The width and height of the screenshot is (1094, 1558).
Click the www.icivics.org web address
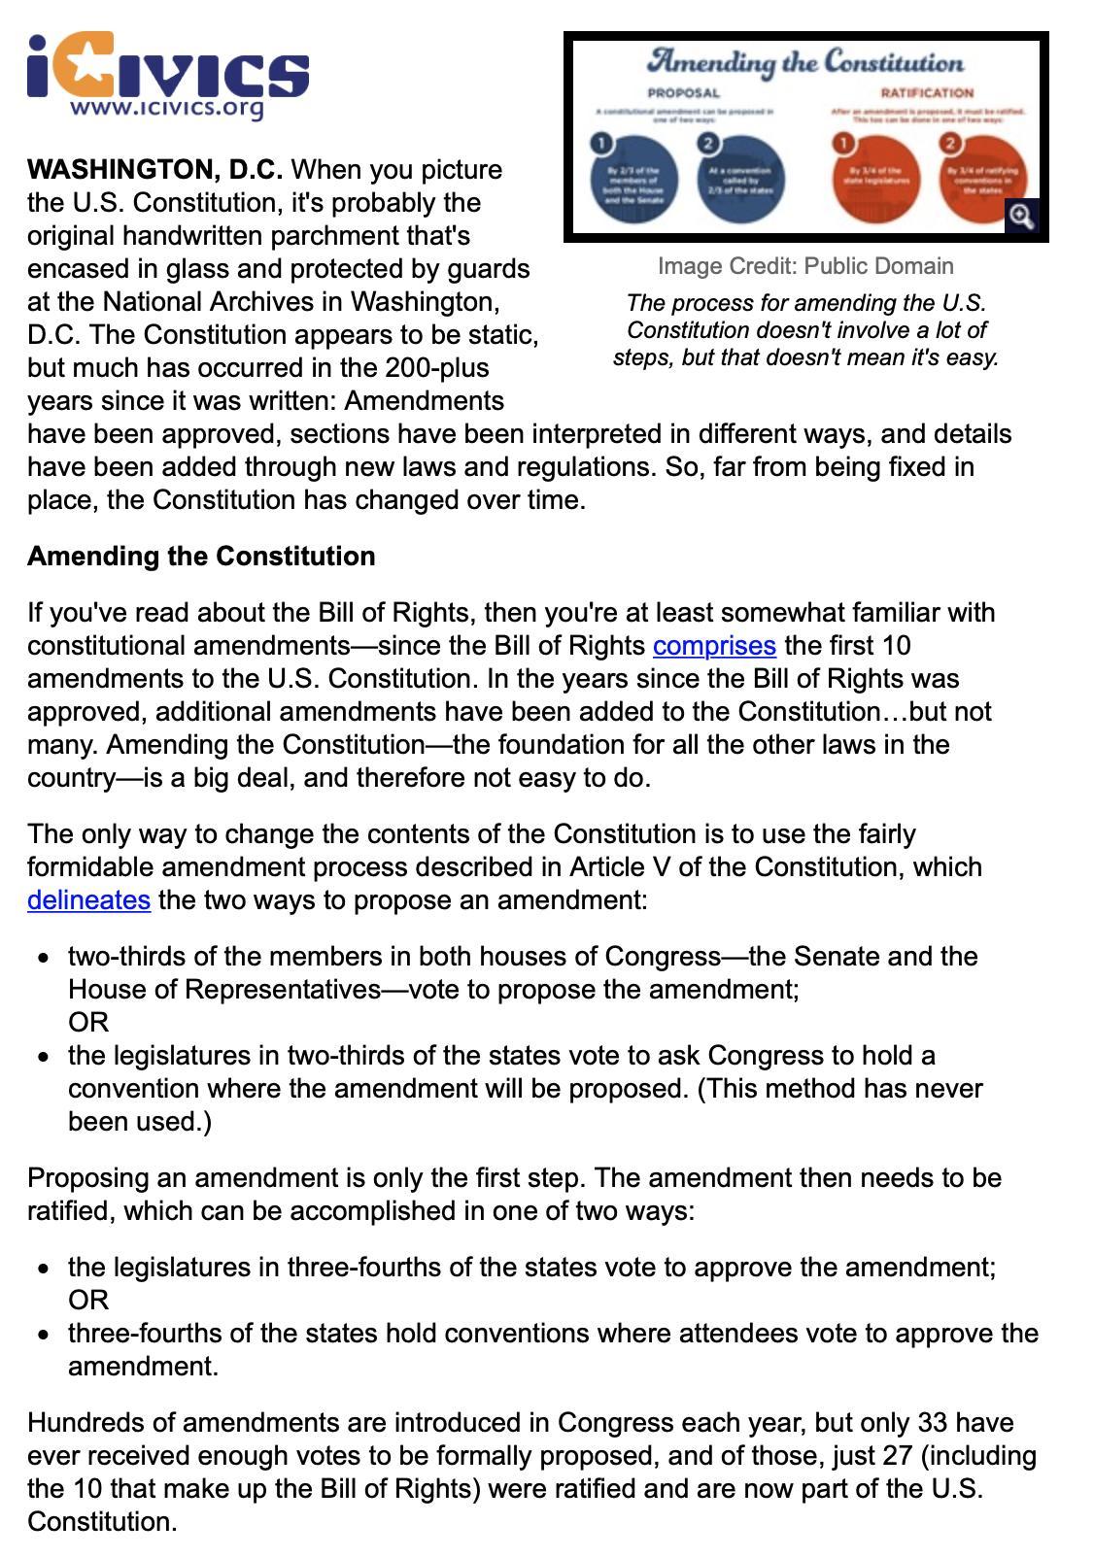pos(166,108)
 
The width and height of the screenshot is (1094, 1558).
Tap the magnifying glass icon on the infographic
pos(1020,216)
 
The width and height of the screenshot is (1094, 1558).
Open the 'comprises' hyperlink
pos(714,646)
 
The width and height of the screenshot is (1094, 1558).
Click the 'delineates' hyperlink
pos(88,900)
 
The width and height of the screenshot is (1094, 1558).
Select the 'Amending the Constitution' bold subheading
pos(201,557)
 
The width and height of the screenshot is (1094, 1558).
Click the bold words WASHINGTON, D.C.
pos(155,170)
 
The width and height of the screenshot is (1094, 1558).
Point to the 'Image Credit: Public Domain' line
pos(805,266)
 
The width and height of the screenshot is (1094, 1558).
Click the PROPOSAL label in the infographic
pos(684,93)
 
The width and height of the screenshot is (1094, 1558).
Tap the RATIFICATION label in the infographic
pos(926,93)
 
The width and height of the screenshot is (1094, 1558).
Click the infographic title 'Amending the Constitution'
pos(805,62)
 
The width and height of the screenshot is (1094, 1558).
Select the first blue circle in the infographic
pos(634,181)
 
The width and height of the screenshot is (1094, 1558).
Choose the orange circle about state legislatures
pos(876,181)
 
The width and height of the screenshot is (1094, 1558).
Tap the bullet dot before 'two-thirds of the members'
pos(44,958)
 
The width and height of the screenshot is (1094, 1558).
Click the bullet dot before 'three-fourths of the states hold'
pos(44,1335)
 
